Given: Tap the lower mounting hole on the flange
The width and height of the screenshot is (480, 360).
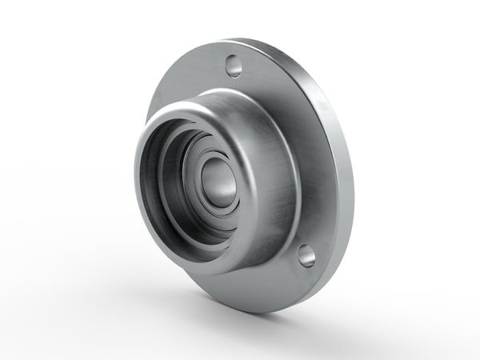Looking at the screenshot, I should [x=306, y=255].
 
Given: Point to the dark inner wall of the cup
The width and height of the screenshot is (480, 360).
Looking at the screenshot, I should [x=160, y=184].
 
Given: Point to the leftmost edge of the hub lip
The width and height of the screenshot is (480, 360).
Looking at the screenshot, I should [x=136, y=176].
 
